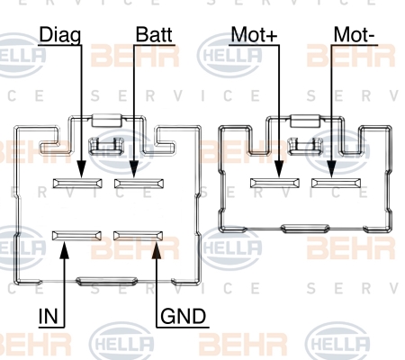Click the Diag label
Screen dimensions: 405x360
[60, 35]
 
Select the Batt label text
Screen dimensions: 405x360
[154, 34]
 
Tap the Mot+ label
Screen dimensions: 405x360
[254, 34]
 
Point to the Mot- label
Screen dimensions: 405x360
[354, 34]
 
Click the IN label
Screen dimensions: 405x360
[48, 316]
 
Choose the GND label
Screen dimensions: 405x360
[184, 316]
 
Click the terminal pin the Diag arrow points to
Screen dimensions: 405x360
[77, 184]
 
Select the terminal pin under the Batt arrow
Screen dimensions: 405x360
[139, 184]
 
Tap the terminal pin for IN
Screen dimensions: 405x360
[76, 236]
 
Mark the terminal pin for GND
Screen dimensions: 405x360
[139, 236]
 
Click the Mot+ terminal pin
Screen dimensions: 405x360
[274, 183]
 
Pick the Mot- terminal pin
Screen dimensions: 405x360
[337, 183]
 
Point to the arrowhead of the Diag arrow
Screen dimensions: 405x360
[81, 169]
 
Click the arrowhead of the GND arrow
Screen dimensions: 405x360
[157, 249]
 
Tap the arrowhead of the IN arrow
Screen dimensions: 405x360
[64, 249]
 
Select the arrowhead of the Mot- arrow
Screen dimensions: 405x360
[331, 169]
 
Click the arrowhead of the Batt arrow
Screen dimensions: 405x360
[134, 169]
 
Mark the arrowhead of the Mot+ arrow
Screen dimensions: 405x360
[279, 169]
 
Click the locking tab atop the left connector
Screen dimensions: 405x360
[106, 120]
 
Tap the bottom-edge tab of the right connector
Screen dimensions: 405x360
[305, 229]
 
